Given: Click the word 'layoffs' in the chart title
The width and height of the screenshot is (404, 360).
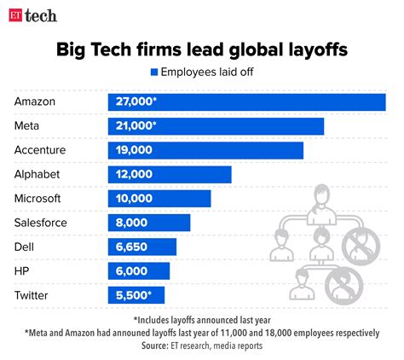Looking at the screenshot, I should point(314,49).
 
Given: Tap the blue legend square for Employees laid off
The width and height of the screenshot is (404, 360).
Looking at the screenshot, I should point(154,73).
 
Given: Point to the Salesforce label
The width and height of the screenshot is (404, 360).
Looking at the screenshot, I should point(42,223).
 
